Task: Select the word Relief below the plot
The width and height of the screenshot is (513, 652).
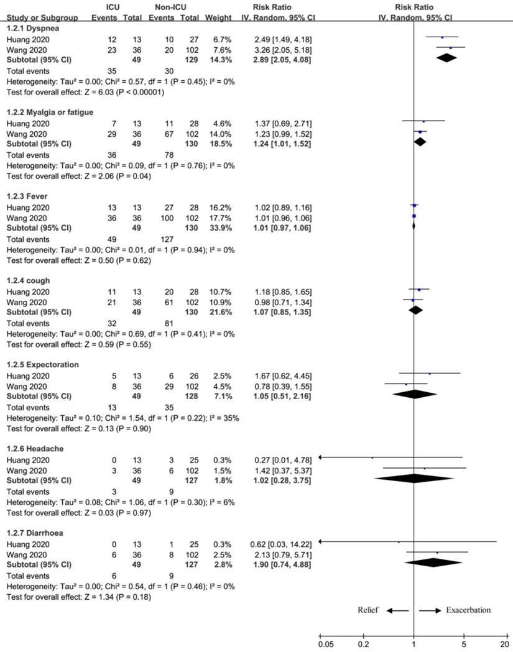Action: click(x=367, y=610)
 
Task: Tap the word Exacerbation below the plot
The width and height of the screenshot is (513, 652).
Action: click(x=468, y=610)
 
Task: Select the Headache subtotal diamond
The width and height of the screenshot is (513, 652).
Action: click(x=415, y=478)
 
